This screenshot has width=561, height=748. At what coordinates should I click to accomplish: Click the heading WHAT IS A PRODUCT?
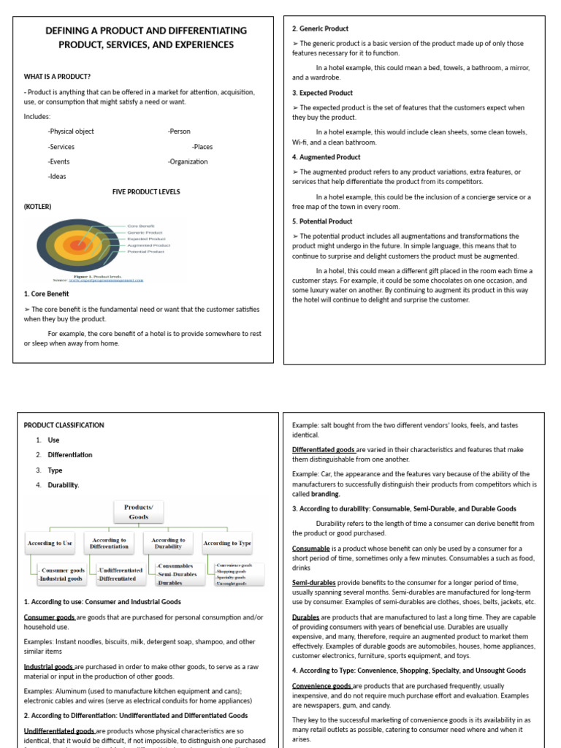57,76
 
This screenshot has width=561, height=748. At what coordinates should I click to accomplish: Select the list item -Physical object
71,131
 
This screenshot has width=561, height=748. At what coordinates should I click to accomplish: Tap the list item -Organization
188,161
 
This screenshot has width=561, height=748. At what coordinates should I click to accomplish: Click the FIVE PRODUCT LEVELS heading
146,191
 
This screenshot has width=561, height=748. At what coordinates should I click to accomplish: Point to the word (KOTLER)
38,207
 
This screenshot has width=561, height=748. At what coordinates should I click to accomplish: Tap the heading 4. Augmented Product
327,157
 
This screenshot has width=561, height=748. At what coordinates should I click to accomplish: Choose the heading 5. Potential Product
322,221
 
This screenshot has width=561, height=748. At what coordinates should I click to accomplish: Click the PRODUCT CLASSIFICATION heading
64,425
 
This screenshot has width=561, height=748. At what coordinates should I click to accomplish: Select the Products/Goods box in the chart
139,511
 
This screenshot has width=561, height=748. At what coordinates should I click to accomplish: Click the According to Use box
50,543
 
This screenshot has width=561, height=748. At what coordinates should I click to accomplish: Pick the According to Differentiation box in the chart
109,543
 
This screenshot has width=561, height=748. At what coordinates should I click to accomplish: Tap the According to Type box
227,543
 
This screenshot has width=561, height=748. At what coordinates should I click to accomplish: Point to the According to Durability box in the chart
168,543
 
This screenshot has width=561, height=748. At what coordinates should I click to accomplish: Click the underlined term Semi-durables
314,583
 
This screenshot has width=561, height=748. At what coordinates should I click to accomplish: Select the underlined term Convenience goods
323,686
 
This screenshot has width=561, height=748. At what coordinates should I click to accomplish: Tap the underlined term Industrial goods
48,667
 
